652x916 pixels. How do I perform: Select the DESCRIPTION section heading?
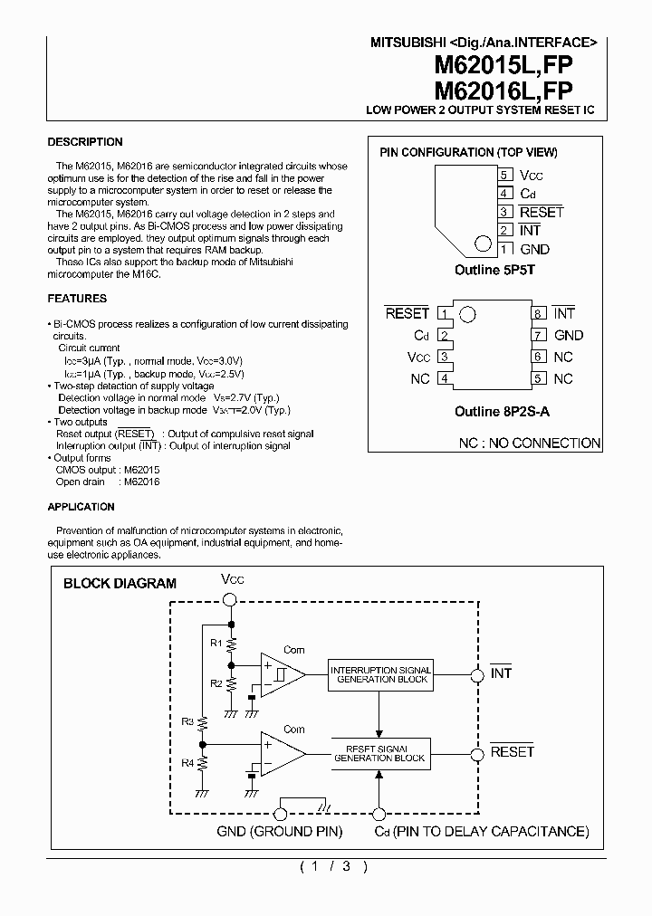coord(84,142)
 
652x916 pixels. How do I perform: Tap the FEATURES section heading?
coord(77,299)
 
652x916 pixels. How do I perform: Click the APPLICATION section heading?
coord(81,507)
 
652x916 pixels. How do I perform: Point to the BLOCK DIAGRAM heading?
coord(120,584)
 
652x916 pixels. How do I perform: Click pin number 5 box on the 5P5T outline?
coord(504,175)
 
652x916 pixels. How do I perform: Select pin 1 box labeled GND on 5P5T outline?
coord(504,249)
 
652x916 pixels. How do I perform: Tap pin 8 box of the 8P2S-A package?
coord(538,313)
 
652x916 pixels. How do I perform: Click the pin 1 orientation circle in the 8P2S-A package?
coord(467,315)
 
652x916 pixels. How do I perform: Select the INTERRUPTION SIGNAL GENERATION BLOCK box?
coord(380,674)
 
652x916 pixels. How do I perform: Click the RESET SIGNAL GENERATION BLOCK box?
coord(380,753)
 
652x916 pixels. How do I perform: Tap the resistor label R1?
coord(215,643)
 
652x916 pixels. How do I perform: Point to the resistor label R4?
coord(187,762)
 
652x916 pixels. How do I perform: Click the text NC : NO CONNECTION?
coord(530,443)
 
